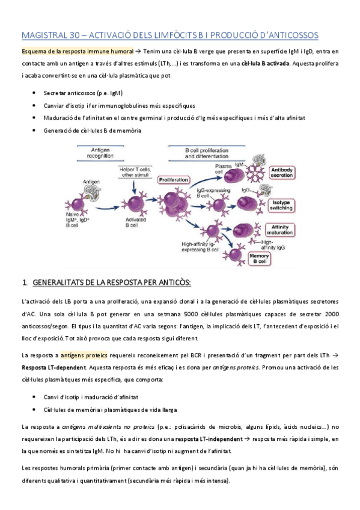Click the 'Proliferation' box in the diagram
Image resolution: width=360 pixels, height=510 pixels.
click(174, 179)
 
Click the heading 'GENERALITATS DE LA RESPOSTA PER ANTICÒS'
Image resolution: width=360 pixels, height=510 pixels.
click(111, 283)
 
